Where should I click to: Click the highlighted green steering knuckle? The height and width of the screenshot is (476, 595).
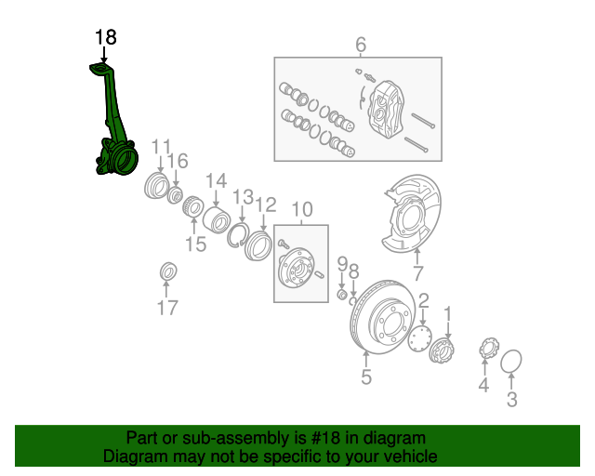tap(112, 139)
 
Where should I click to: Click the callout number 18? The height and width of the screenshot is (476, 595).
tap(106, 37)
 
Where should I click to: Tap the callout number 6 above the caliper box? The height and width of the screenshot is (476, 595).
tap(360, 45)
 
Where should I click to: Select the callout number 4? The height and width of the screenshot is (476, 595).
tap(483, 385)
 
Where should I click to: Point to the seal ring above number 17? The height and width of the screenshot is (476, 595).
tap(167, 271)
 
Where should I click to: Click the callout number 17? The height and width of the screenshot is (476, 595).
tap(167, 309)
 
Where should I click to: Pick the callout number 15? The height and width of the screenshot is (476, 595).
tap(194, 245)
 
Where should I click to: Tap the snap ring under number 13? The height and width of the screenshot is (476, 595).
tap(238, 237)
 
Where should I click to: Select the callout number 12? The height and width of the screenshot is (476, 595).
tap(266, 205)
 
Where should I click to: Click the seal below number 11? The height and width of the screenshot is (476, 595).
tap(155, 186)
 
